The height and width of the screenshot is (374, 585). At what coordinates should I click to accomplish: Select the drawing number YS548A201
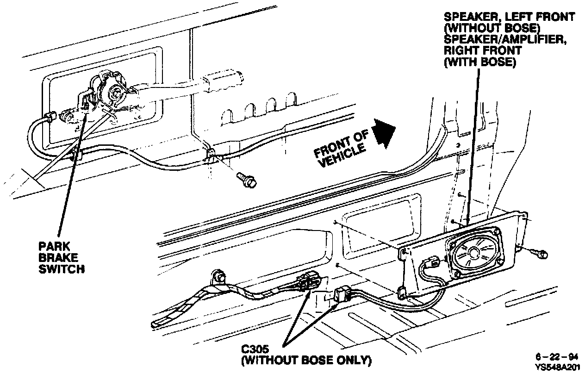(x=557, y=367)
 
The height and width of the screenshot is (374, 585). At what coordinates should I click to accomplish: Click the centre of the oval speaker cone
(x=473, y=253)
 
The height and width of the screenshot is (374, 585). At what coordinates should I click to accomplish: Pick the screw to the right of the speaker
(x=541, y=253)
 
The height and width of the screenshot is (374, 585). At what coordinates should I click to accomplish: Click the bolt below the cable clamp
(x=247, y=180)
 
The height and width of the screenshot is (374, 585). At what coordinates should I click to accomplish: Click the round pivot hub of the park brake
(x=113, y=93)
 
